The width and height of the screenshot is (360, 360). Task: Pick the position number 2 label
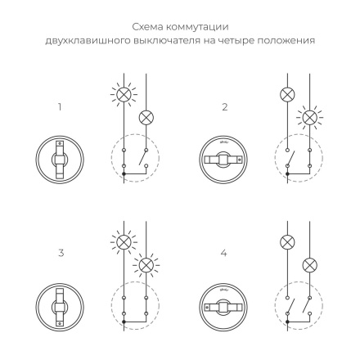pos(224,107)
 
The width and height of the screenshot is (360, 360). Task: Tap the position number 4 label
pos(224,254)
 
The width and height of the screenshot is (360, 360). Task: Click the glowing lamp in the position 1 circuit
pos(124,94)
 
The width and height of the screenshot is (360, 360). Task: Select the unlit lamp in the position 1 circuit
pos(147,118)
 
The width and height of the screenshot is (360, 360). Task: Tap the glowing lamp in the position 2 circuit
pos(310,118)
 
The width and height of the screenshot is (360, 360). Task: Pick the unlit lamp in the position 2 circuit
pos(287,94)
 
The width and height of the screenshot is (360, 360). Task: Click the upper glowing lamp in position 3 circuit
pos(124,242)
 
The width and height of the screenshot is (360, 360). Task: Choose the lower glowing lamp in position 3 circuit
pos(147,265)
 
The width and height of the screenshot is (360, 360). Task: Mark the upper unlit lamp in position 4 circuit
pos(287,242)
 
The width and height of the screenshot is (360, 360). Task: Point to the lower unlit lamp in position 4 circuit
pos(310,265)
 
